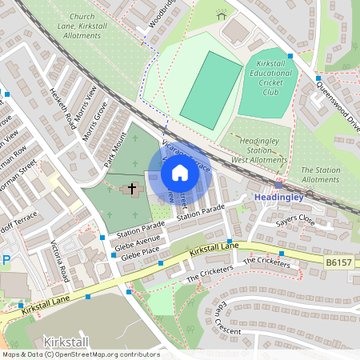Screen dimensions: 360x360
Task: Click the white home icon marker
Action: [x=180, y=172]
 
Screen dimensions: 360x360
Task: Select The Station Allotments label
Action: [x=320, y=174]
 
